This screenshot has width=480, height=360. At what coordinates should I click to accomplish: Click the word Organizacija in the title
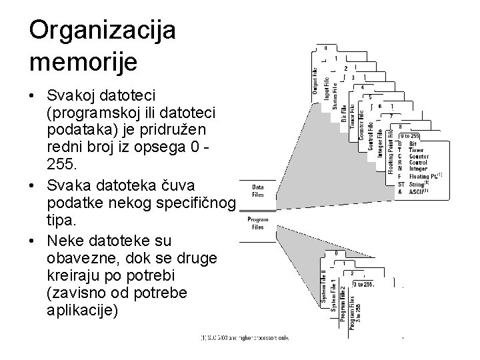[102, 31]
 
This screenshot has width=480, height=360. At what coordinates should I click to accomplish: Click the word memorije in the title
[83, 62]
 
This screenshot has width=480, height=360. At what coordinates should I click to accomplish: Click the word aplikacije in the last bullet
[83, 310]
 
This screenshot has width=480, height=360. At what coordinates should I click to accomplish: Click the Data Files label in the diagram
[257, 191]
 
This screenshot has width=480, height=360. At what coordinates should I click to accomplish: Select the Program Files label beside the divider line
[257, 223]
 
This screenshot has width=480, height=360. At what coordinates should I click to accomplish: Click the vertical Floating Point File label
[391, 151]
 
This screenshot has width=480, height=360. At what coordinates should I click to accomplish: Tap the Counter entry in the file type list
[418, 156]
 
